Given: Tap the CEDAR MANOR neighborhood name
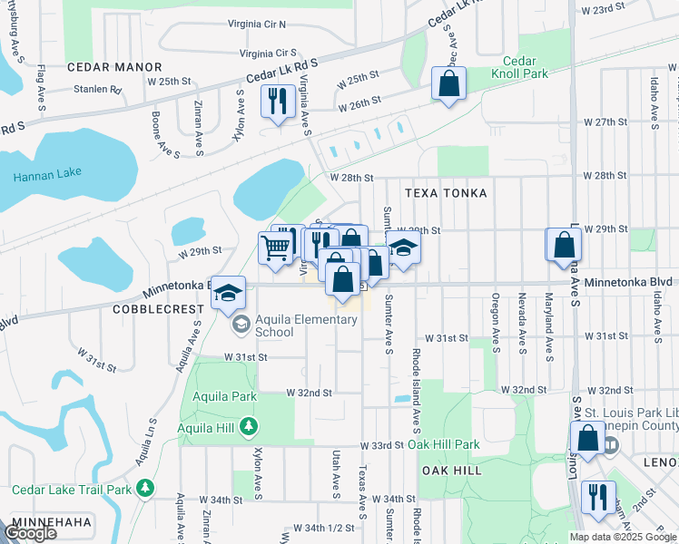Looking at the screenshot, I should click(113, 67).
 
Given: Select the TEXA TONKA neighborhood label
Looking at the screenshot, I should click(446, 193).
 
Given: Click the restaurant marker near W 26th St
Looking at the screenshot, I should click(279, 100).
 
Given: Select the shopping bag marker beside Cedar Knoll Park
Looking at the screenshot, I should click(448, 84).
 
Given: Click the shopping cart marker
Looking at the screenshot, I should click(275, 247).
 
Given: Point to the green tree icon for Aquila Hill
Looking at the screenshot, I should click(258, 427).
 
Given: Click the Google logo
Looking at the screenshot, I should click(30, 533).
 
